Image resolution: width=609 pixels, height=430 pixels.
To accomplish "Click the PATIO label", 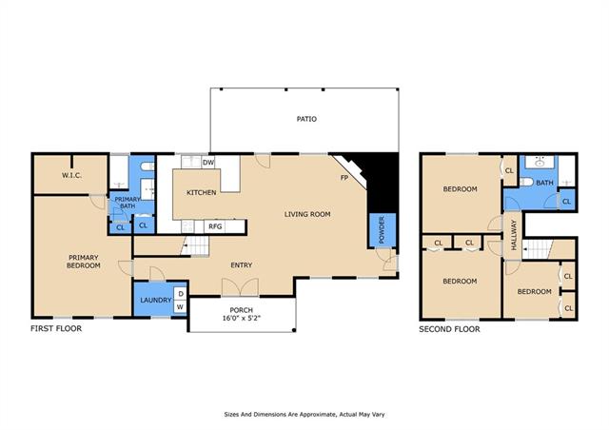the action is click(x=306, y=119).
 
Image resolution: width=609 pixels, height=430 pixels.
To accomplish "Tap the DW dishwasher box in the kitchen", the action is click(x=208, y=163).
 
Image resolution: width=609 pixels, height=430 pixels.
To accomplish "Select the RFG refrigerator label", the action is click(x=215, y=226).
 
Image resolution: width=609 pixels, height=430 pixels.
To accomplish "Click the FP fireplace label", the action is click(x=344, y=178).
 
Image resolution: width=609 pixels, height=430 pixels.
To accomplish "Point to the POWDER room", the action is click(x=382, y=230).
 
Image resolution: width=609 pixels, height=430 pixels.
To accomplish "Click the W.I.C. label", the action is click(x=72, y=175).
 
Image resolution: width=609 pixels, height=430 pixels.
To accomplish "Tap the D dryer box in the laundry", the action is click(x=180, y=294).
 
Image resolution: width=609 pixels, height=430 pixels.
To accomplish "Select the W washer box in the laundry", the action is click(x=180, y=307).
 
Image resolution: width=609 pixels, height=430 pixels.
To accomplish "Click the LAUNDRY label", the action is click(x=156, y=300).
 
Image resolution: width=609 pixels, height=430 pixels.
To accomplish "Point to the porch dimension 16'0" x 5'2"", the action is click(x=241, y=318).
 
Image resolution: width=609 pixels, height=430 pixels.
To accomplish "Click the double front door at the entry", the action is click(x=241, y=287).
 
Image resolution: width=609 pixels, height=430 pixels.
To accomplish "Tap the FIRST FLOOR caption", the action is click(x=56, y=328).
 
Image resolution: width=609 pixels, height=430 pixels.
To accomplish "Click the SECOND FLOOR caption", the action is click(x=449, y=329).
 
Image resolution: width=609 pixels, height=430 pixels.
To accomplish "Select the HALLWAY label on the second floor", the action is click(x=514, y=235).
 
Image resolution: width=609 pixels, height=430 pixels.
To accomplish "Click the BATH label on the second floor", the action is click(x=544, y=183).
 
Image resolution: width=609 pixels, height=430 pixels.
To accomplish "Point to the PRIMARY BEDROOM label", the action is click(x=84, y=262).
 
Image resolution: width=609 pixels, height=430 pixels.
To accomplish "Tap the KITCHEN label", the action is click(x=201, y=192).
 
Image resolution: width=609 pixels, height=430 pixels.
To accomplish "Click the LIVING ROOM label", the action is click(x=307, y=214).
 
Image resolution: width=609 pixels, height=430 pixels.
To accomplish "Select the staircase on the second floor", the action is click(x=538, y=249).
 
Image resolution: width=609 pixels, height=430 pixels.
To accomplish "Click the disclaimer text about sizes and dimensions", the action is click(x=304, y=415).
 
